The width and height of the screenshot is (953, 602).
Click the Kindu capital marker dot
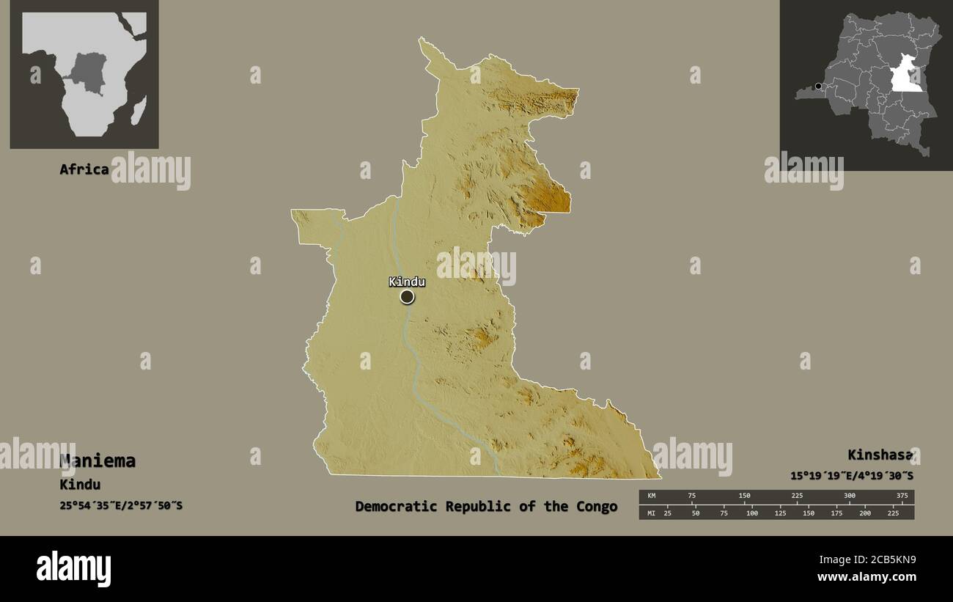coord(407,296)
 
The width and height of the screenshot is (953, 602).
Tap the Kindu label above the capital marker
coord(407,282)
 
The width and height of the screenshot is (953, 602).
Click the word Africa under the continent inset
coord(84,169)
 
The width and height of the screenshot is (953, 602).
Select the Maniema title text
coord(97,461)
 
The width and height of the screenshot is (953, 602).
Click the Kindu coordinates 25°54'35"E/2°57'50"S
coord(121,505)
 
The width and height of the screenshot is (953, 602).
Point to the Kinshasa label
coord(880,455)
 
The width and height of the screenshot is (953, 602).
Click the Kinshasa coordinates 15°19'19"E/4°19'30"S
coord(852,475)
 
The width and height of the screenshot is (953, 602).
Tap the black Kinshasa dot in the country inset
coord(818,86)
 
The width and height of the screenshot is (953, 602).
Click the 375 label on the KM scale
coord(902,496)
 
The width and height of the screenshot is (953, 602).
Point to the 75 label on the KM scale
coord(691,496)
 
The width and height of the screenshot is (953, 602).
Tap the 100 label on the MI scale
coord(752,513)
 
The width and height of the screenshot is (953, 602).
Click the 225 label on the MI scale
coord(893,513)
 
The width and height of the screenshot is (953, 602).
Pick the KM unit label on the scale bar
coord(651,496)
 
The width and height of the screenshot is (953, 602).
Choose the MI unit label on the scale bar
coord(651,513)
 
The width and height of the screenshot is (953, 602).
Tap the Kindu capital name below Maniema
coord(80,485)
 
